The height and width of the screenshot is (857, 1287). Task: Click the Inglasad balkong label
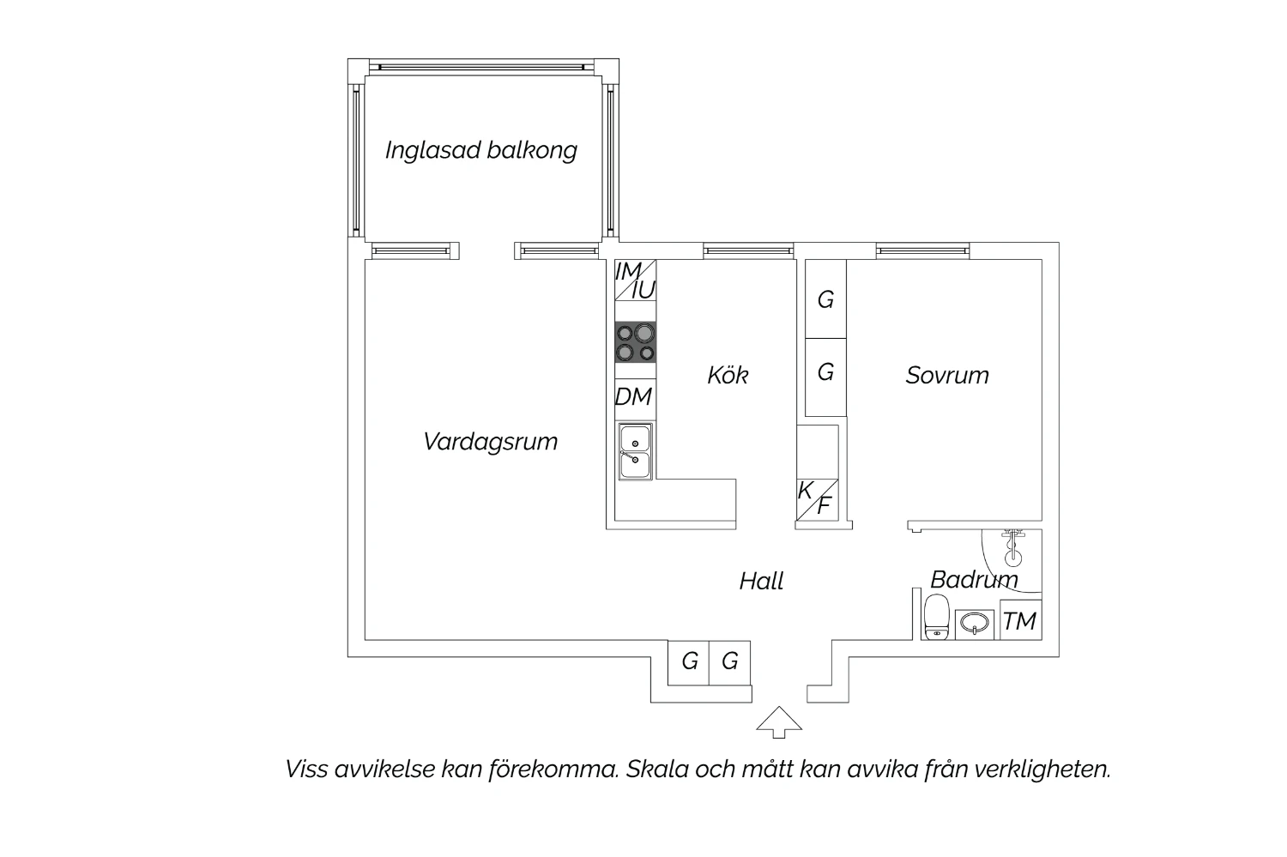coord(480,151)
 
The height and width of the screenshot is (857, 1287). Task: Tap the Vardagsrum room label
coord(490,442)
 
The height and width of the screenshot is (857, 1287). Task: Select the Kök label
coord(728,375)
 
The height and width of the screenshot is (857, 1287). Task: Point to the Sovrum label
coord(947,375)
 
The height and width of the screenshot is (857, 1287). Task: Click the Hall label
coord(761,582)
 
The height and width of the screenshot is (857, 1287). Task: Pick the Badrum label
coord(973,580)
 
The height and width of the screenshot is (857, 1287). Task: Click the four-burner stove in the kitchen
coord(636,341)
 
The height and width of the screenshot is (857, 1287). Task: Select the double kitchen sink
coord(635,452)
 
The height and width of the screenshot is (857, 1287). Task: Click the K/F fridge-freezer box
coord(816,498)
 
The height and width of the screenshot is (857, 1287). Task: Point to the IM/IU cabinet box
coord(636,281)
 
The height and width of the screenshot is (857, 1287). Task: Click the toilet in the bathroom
coord(936,618)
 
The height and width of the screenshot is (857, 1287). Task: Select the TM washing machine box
coord(1020,620)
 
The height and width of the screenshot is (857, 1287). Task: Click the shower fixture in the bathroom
coord(1014,547)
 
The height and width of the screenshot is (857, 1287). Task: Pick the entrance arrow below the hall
coord(779,722)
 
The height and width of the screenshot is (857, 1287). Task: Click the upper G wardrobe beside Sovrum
coord(825,299)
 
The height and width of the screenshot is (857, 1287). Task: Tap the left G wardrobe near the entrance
coord(689,662)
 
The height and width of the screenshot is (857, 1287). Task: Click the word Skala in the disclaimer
coord(657,769)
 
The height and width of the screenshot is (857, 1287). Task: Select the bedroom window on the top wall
coord(922,251)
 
